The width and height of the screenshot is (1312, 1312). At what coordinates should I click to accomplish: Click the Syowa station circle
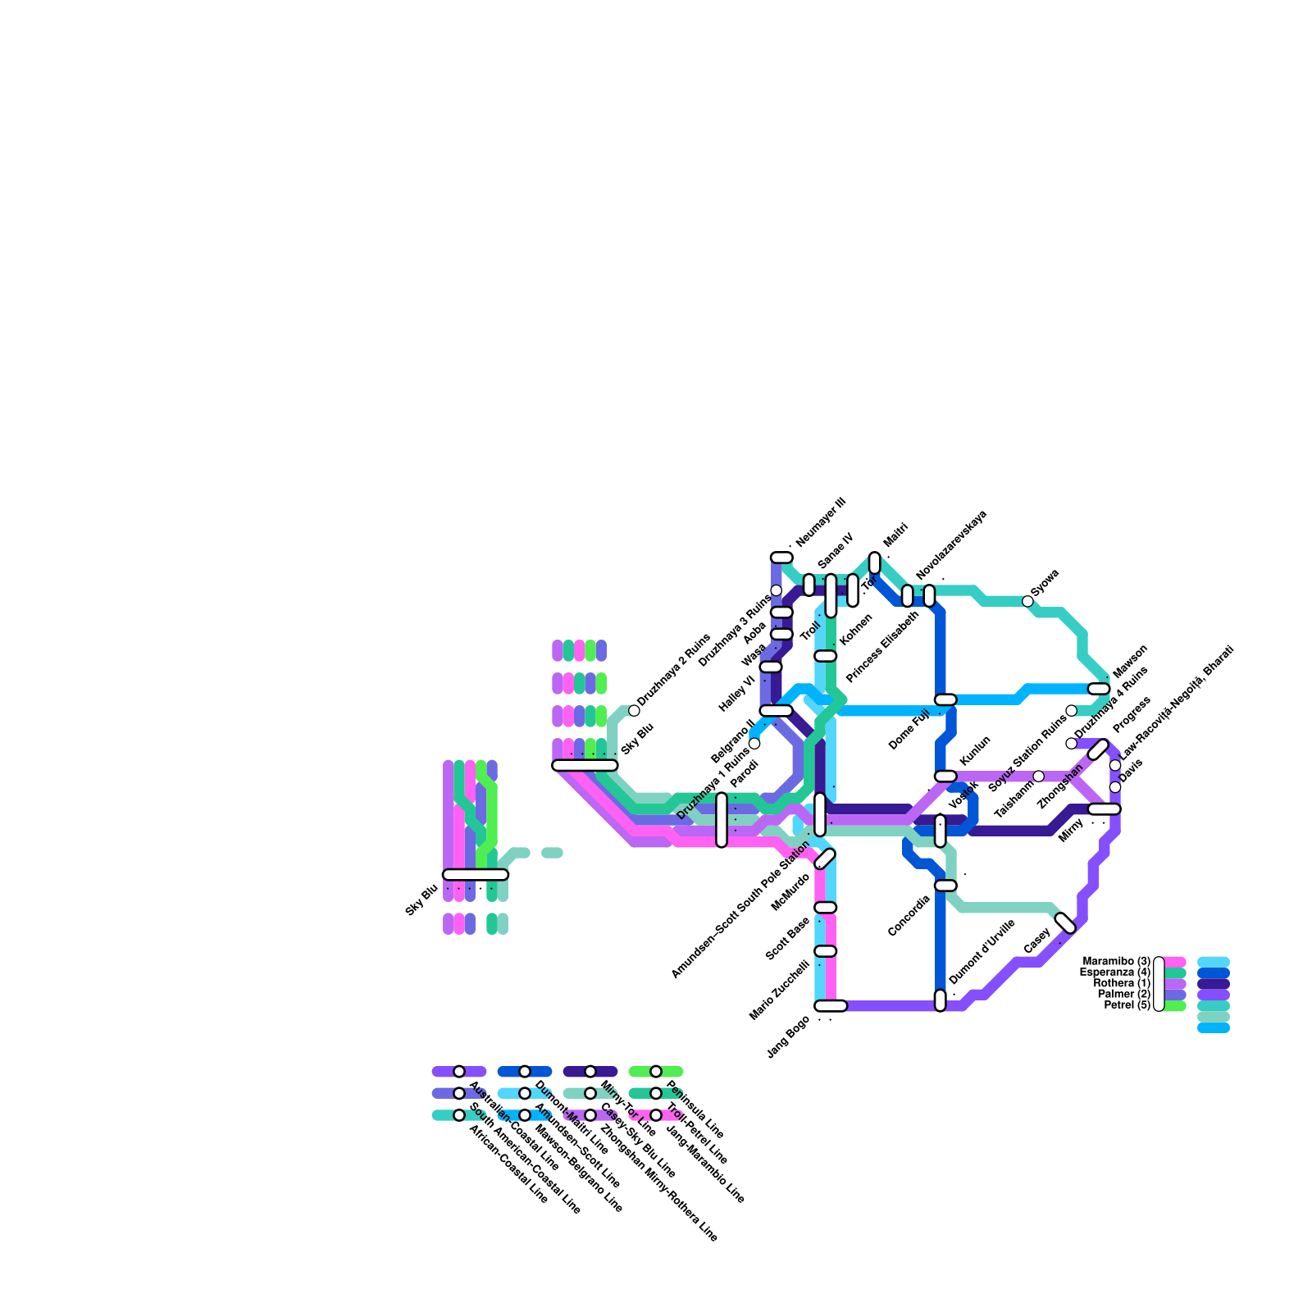[x=1027, y=601]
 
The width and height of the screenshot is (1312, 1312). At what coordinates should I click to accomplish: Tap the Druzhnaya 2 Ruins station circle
[x=634, y=710]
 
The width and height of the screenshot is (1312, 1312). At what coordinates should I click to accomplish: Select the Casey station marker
[x=1065, y=922]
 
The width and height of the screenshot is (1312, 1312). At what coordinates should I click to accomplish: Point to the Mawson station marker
[x=1099, y=689]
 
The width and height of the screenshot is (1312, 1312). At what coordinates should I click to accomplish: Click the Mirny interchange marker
[x=1104, y=809]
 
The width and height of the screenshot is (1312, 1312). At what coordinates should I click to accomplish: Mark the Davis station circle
[x=1115, y=787]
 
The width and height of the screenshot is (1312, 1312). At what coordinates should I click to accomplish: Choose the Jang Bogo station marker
[x=830, y=1006]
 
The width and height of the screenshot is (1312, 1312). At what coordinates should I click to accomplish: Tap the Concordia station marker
[x=945, y=886]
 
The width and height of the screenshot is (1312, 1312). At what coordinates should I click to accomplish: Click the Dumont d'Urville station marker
[x=940, y=1000]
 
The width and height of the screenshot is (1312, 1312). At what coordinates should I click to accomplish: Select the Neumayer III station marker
[x=781, y=558]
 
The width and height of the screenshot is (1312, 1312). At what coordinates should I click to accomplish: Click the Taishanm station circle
[x=1039, y=777]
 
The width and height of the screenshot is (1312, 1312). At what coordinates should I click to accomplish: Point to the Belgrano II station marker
[x=776, y=710]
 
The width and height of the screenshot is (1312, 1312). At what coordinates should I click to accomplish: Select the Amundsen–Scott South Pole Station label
[x=740, y=909]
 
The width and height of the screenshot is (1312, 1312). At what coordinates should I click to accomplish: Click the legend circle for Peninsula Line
[x=656, y=1072]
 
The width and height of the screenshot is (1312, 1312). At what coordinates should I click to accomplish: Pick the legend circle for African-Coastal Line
[x=459, y=1115]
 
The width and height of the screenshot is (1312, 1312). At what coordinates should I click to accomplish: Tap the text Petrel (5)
[x=1127, y=1005]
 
